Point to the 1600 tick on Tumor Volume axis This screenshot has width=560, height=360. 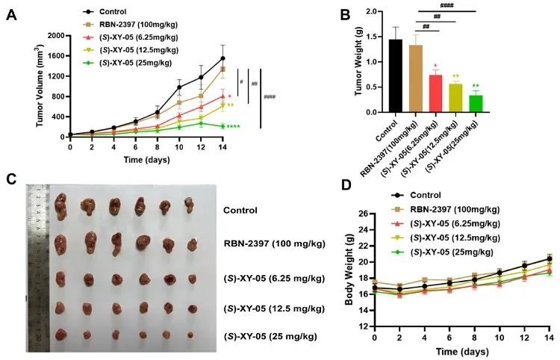[54, 56]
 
